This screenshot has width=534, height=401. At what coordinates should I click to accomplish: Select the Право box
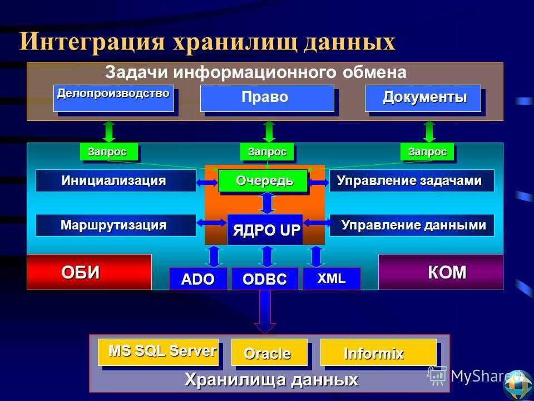point(267,98)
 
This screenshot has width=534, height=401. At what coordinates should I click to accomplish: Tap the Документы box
point(423,98)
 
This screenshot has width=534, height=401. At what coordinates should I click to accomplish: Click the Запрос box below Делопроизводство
point(109,151)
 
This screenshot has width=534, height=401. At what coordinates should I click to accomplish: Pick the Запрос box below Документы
point(427,151)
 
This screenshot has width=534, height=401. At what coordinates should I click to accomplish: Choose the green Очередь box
point(263,180)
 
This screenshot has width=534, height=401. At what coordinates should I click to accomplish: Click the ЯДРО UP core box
point(265,229)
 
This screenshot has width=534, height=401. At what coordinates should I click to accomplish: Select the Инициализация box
point(116,180)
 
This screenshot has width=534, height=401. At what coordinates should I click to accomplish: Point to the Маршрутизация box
point(116,225)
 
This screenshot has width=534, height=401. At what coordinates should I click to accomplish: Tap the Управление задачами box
point(412,180)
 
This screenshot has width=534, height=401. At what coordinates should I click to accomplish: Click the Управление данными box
point(412,225)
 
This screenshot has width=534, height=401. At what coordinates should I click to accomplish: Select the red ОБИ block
point(89,272)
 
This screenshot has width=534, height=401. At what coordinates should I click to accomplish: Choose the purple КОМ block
point(441,272)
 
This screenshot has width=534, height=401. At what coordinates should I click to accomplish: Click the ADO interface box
point(198,279)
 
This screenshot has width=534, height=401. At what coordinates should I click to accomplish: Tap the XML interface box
point(332,278)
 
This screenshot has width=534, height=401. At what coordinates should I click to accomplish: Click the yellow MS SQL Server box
point(159,351)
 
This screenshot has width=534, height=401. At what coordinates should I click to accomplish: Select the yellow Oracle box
point(269,352)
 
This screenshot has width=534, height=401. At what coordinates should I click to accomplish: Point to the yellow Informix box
point(378,352)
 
